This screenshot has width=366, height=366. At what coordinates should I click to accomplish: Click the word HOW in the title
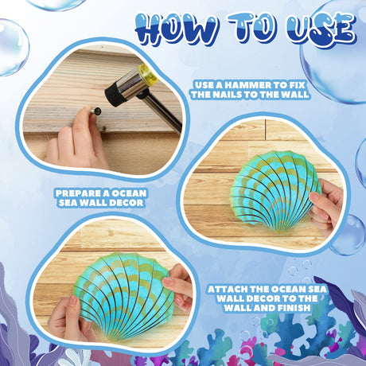175,29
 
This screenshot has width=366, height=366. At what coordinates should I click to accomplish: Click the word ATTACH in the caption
228,289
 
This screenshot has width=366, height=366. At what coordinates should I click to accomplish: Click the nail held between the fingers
96,111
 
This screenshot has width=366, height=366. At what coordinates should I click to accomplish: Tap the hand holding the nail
77,138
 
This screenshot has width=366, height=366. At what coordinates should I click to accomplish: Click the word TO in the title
250,29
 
